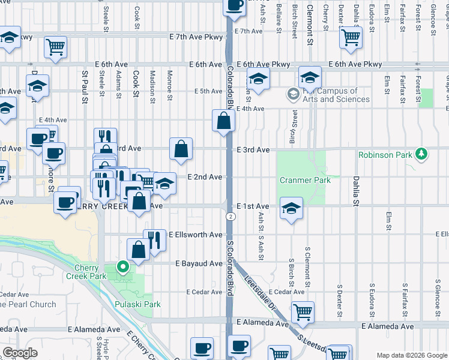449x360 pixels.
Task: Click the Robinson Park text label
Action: (x=385, y=155)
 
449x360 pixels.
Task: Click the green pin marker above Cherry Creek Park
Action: (x=124, y=267)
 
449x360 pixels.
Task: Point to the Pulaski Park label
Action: (x=137, y=304)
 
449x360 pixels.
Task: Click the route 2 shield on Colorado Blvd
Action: (x=230, y=216)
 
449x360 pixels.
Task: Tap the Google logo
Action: (x=20, y=353)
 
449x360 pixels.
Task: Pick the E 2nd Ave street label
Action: (x=205, y=177)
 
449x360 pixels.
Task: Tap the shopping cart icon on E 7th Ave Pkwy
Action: (x=55, y=46)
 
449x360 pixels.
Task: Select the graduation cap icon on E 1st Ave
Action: (x=291, y=208)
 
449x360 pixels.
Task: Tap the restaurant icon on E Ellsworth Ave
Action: (x=154, y=240)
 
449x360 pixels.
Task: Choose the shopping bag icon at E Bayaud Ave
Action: (x=138, y=250)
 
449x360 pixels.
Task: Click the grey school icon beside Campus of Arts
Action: (x=292, y=94)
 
